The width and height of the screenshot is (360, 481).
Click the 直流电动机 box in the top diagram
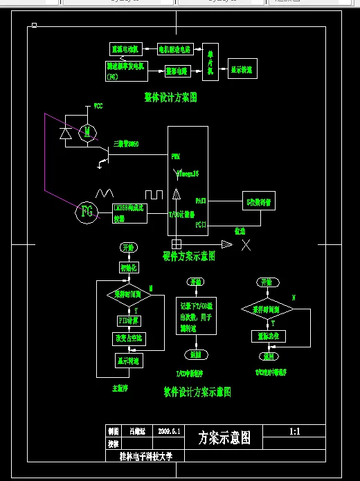click(125, 49)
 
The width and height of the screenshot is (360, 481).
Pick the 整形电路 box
click(177, 71)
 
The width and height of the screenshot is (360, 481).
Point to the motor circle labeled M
click(87, 131)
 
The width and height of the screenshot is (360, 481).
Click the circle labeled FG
click(87, 212)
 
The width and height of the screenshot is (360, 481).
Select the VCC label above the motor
click(98, 106)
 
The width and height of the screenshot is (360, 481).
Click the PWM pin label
click(176, 156)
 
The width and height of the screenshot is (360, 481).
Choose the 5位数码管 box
click(259, 200)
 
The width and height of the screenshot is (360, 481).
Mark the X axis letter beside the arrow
click(246, 244)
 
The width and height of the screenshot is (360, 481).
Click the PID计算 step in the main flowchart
click(128, 320)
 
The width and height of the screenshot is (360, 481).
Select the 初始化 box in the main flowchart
click(129, 267)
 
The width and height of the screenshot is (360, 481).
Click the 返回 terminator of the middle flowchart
click(196, 354)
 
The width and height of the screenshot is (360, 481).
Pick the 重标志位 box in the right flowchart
click(266, 336)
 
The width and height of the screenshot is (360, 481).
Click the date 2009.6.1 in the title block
click(169, 431)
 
